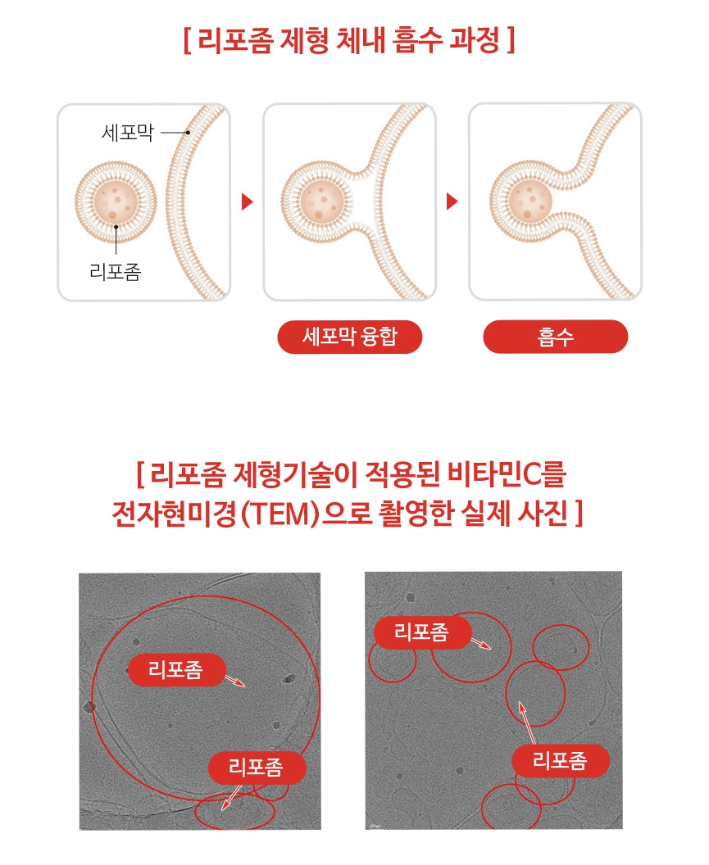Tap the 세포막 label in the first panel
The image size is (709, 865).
pos(126,132)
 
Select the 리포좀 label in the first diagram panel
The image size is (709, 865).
pos(115,271)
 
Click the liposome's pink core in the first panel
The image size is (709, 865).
pos(116,201)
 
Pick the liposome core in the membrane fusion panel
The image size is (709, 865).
pos(320,201)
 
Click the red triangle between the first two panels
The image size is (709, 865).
pos(248,202)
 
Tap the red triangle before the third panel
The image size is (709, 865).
pos(452,202)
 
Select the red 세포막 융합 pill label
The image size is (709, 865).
pos(349,337)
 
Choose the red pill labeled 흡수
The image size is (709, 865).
pos(555,337)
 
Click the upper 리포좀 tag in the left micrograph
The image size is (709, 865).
pos(175,670)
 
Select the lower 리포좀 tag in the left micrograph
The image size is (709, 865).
pos(256,768)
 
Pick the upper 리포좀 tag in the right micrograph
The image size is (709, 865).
pos(421,632)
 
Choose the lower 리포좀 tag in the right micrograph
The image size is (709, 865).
pos(561,761)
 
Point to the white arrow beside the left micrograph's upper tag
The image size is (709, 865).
pos(234,682)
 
